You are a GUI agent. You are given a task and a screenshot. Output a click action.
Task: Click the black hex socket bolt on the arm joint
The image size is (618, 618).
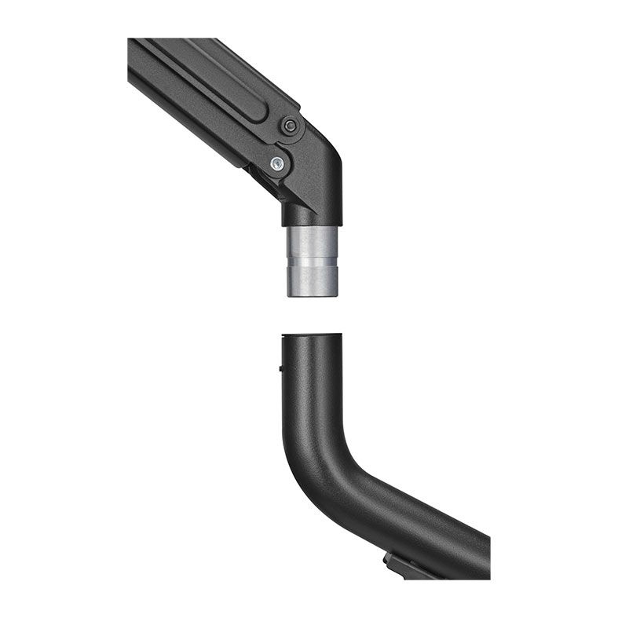(290, 126)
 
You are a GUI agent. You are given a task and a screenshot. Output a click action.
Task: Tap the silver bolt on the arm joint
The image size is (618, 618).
(276, 164)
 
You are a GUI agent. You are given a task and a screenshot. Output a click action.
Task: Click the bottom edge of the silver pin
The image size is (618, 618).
(313, 295)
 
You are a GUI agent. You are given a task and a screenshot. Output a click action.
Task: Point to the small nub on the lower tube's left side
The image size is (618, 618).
(280, 366)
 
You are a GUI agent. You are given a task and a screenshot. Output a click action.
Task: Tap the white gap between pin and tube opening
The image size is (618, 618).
(313, 314)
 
